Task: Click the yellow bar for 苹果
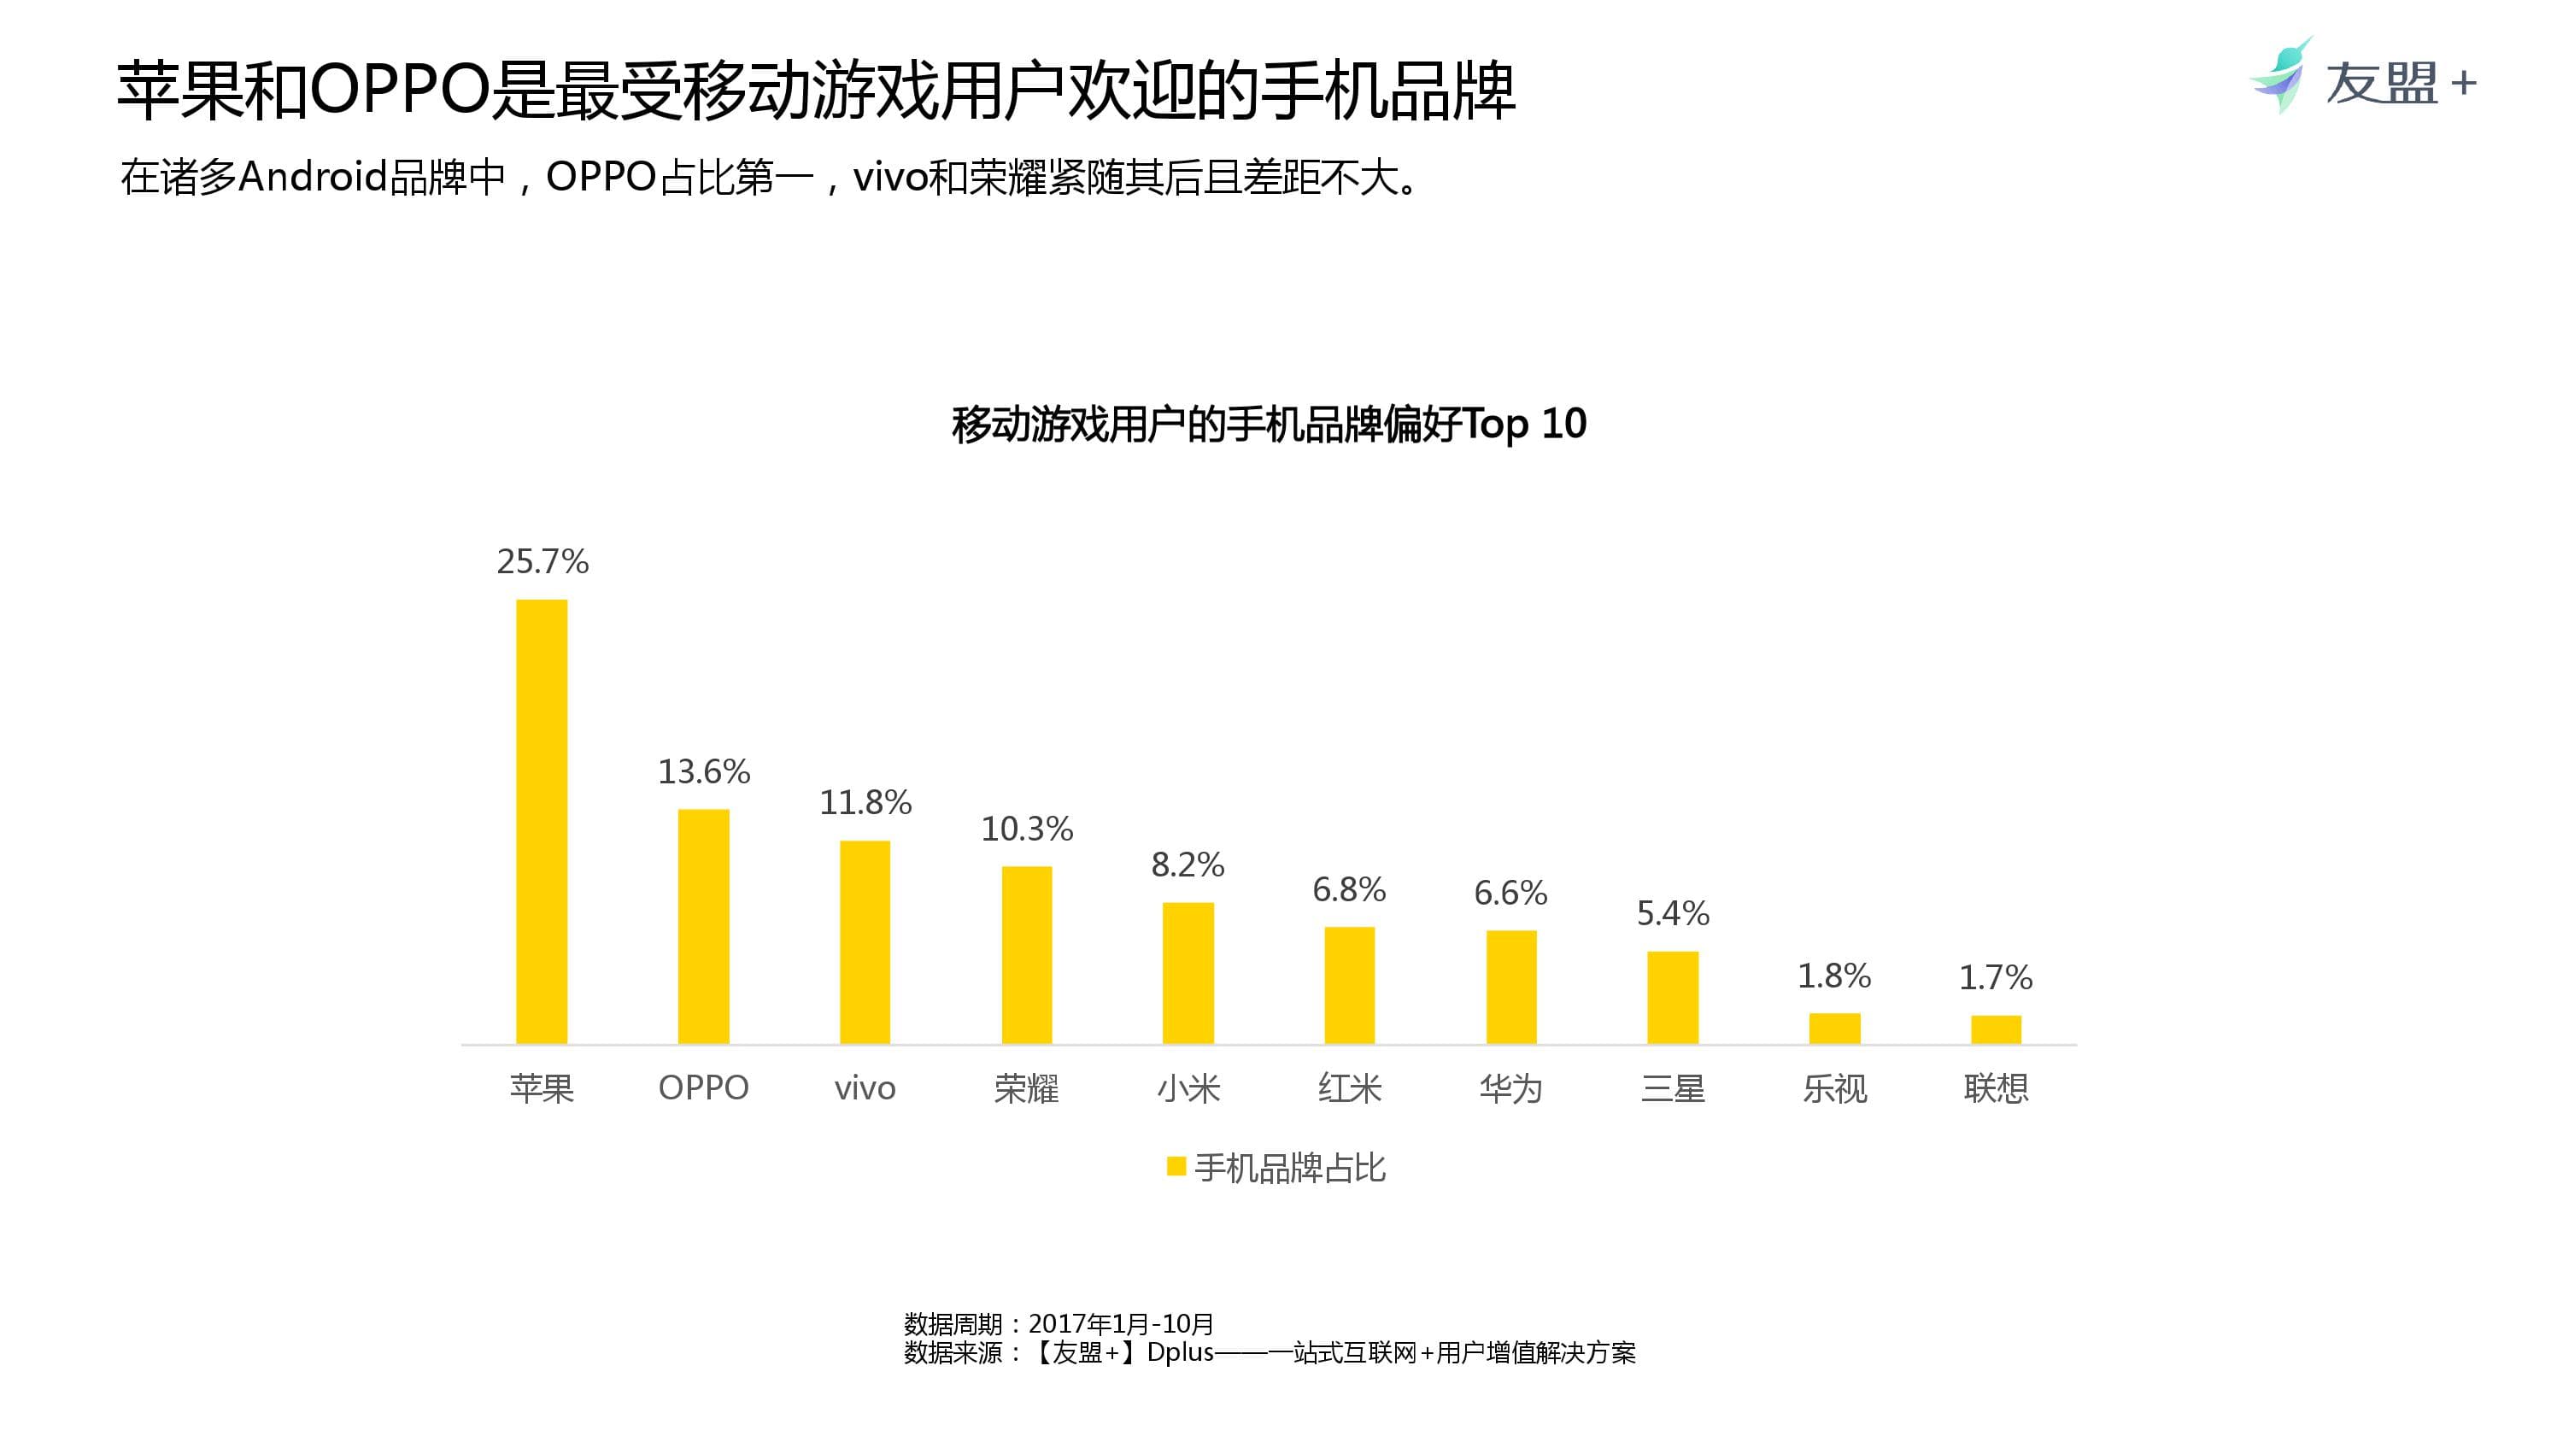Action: coord(542,821)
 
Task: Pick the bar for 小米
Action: coord(1188,972)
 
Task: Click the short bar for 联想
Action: coord(1996,1029)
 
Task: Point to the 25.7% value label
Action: coord(543,562)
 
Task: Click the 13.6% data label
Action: coord(703,772)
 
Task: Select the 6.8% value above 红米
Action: coord(1349,889)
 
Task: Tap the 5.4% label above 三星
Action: coord(1673,913)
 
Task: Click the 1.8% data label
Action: coord(1833,976)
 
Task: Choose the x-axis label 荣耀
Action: coord(1026,1088)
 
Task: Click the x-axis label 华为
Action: coord(1510,1088)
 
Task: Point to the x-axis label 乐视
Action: coord(1833,1088)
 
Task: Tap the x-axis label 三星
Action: coord(1673,1088)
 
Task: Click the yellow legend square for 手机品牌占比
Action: coord(1176,1166)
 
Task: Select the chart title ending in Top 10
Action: coord(1269,424)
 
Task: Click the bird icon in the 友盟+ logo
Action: coord(2279,78)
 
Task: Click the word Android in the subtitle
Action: coord(313,177)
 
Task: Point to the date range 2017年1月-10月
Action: coord(1120,1323)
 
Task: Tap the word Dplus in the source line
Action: coord(1180,1352)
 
